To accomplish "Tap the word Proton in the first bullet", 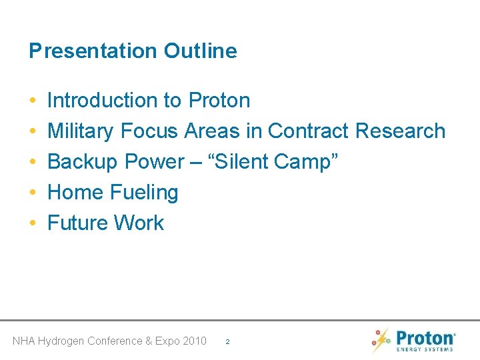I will tap(219, 101).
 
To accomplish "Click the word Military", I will tap(81, 131).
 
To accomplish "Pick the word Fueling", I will tap(144, 193).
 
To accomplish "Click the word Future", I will tap(78, 223).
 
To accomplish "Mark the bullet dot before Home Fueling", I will tap(33, 193).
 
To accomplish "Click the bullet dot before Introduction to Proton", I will tap(33, 101).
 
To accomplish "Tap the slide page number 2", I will tap(227, 341).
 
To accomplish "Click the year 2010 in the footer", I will tap(194, 341).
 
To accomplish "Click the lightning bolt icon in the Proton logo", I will tap(381, 341).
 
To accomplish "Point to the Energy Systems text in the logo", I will tap(425, 349).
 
